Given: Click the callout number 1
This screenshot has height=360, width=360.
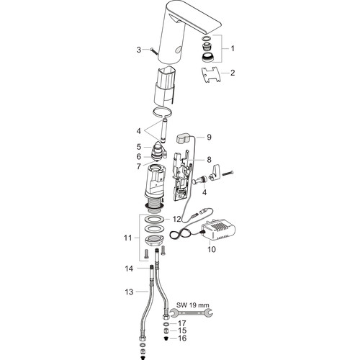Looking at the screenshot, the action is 233,49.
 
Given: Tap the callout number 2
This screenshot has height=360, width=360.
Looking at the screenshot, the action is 233,73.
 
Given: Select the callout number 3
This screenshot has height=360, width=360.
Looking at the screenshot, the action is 139,50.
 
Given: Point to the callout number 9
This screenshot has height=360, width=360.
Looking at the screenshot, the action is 209,137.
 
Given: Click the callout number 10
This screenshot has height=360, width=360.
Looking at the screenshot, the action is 212,249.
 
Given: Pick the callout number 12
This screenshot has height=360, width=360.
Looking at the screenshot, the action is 176,219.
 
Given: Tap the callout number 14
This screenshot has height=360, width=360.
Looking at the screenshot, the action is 129,269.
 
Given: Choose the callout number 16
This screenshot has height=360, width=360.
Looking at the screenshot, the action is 182,338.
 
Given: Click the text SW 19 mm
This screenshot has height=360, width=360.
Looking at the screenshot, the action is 193,305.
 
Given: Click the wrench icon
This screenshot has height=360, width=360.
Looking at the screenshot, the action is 191,313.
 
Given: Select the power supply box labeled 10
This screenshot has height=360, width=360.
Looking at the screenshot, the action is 218,229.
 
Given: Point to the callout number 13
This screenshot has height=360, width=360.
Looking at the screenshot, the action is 129,292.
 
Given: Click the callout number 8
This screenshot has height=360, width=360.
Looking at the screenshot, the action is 209,160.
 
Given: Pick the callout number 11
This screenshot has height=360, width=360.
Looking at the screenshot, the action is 128,238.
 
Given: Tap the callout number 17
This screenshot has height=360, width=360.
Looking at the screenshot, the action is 182,323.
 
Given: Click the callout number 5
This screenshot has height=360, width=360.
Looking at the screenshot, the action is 139,147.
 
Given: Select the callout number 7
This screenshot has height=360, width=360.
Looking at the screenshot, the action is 139,166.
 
